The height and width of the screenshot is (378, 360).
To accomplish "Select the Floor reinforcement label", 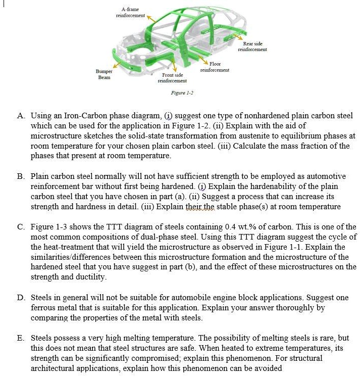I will (215, 67).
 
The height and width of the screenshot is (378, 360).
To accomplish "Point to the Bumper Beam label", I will (104, 74).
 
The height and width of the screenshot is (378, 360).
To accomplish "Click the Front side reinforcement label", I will (172, 78).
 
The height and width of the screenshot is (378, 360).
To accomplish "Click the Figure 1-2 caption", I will (182, 92).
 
